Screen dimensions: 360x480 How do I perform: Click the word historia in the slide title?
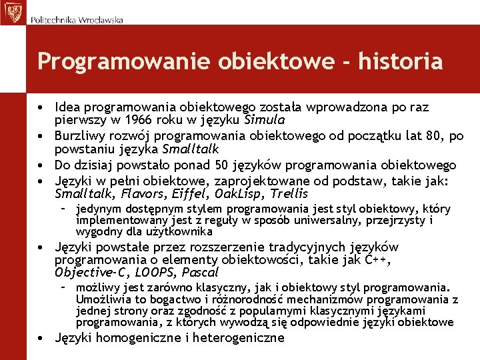click(400, 61)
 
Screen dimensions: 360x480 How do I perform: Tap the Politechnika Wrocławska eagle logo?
click(12, 12)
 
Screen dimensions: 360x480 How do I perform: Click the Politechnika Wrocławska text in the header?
click(77, 20)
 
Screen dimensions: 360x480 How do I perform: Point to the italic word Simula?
click(265, 121)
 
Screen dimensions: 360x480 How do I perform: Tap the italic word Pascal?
click(200, 273)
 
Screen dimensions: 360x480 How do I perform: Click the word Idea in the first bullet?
click(67, 107)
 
